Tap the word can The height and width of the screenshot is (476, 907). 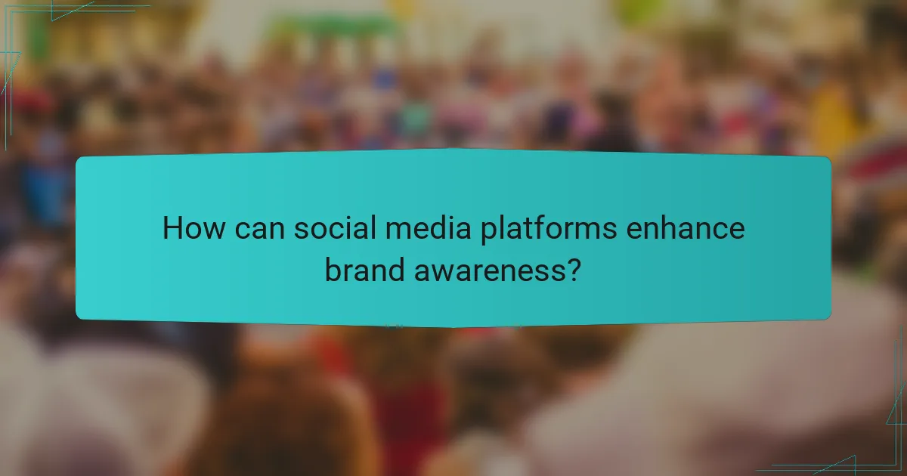261,229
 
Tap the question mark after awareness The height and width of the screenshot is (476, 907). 574,270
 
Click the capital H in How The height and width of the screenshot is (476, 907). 173,229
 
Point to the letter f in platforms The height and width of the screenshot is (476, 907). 537,228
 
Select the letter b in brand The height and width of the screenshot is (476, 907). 333,270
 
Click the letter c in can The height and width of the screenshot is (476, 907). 243,230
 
